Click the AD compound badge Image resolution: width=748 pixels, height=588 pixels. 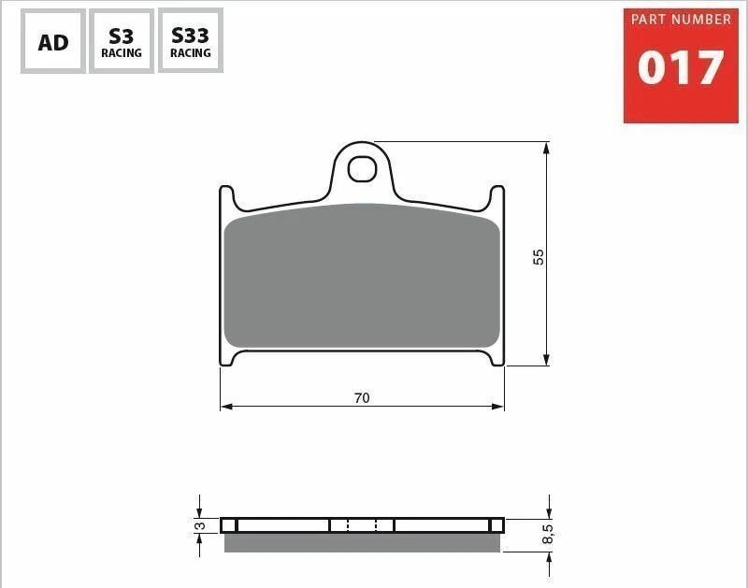(53, 41)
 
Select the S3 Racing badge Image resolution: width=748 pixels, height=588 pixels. (122, 41)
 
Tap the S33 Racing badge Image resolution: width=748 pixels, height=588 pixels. (191, 41)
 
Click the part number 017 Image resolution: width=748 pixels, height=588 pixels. (681, 67)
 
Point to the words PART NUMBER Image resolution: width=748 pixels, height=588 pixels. (681, 20)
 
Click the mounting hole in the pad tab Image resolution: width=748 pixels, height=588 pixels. (362, 169)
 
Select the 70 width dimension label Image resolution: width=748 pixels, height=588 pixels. (362, 397)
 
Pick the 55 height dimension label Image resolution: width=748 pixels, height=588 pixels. (539, 256)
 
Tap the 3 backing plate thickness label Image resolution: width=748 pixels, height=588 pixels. (200, 525)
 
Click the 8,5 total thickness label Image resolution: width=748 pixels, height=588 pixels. (548, 534)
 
